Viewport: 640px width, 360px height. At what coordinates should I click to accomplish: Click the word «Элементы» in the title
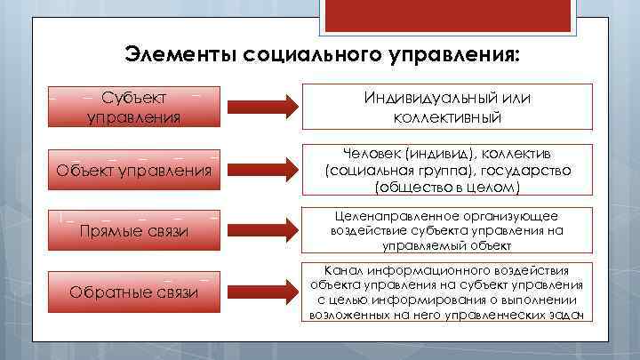168,54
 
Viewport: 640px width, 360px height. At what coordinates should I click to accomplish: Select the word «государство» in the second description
516,169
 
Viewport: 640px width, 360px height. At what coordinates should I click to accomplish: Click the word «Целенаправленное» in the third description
396,216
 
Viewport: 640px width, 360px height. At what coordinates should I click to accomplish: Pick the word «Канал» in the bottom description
343,269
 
